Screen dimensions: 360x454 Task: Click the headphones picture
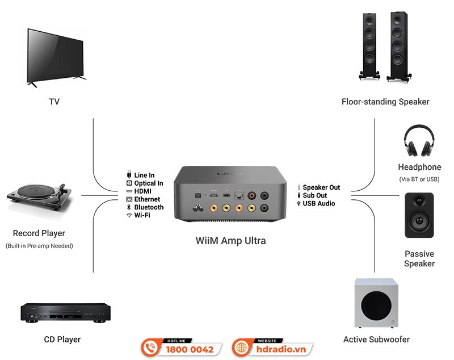pos(419,142)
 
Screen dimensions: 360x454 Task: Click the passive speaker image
pos(419,215)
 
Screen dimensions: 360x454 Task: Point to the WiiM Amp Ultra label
pos(230,241)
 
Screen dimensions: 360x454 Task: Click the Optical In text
pos(148,183)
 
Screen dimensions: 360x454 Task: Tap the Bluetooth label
pos(149,207)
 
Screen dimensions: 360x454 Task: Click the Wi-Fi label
pos(142,216)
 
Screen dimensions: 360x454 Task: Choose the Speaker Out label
pos(321,187)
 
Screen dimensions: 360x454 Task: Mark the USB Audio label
pos(318,203)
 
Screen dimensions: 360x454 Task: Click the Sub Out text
pos(315,195)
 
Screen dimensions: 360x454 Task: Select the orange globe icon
pos(242,348)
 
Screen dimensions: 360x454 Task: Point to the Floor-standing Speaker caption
pos(385,102)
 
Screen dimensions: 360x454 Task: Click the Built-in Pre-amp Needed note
pos(39,246)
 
